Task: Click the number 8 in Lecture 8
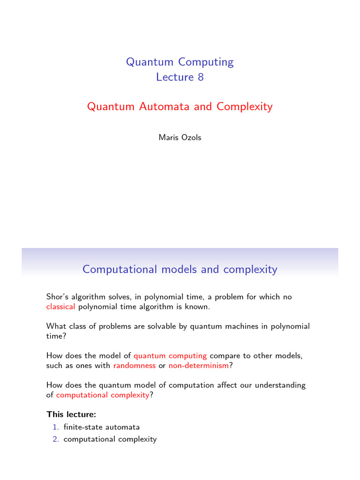coord(201,77)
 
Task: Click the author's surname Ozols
coord(191,138)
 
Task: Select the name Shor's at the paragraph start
coord(56,297)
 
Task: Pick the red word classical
coord(60,307)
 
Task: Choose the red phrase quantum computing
coord(170,356)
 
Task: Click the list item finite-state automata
coord(102,427)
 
